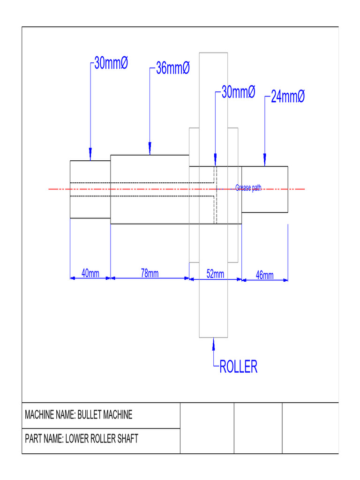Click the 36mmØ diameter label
point(172,68)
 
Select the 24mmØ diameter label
point(288,97)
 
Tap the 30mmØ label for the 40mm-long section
point(111,63)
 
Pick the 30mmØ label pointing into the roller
point(238,92)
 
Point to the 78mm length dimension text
point(150,273)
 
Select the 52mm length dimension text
point(215,274)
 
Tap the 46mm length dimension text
point(264,275)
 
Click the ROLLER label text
point(239,367)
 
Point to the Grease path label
point(248,188)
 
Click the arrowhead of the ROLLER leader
point(214,344)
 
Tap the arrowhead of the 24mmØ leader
point(265,161)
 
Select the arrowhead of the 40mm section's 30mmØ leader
point(90,155)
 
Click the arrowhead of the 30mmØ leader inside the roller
point(215,161)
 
